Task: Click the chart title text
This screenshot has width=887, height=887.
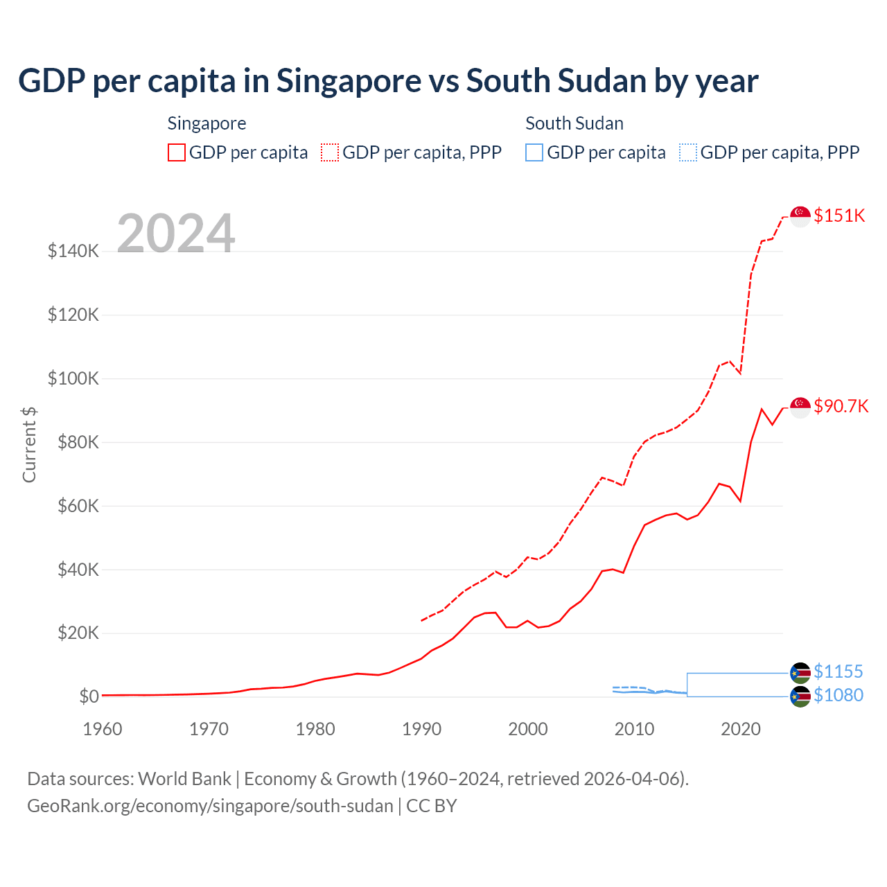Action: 388,81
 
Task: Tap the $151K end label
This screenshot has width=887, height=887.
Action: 839,216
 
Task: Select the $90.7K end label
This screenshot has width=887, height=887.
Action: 841,406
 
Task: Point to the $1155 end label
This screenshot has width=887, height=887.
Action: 838,671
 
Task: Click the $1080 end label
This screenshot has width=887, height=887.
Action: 838,695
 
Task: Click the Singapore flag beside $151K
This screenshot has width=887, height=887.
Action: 800,216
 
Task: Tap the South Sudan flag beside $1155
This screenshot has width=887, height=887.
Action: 800,672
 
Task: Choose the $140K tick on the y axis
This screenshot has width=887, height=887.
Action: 73,251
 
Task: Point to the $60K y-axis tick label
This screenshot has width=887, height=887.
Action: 73,506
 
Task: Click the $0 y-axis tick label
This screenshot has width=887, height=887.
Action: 89,696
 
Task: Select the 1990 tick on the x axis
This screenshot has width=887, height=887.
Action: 421,729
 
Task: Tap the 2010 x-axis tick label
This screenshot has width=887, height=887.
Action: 634,729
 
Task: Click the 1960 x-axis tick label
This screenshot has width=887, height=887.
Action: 103,729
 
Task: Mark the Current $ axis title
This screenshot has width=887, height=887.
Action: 29,444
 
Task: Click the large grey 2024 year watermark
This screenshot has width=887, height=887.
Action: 176,234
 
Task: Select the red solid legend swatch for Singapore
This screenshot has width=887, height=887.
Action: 177,152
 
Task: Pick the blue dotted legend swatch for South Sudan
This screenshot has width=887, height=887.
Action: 688,152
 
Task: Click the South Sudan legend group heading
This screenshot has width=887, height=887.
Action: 574,123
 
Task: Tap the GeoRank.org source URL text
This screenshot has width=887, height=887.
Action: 210,806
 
